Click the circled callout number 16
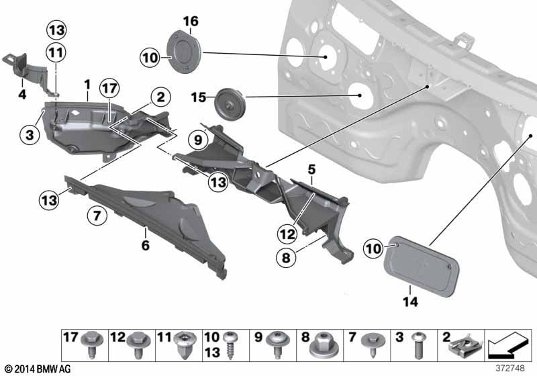click(x=191, y=21)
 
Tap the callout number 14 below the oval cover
click(x=410, y=302)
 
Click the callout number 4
click(x=22, y=95)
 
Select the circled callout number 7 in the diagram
click(x=97, y=216)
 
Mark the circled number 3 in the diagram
click(x=29, y=135)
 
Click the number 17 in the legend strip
click(x=70, y=336)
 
